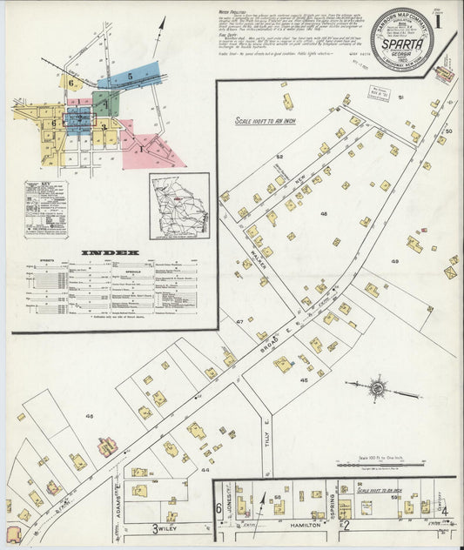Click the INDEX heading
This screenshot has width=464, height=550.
(x=111, y=253)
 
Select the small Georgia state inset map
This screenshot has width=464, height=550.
(x=178, y=206)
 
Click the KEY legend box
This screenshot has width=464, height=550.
(x=45, y=209)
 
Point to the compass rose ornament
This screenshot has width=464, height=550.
(x=380, y=388)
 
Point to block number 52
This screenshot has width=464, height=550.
(x=280, y=157)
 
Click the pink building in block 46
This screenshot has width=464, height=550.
(x=107, y=447)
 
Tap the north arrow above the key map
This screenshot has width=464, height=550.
(x=159, y=37)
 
